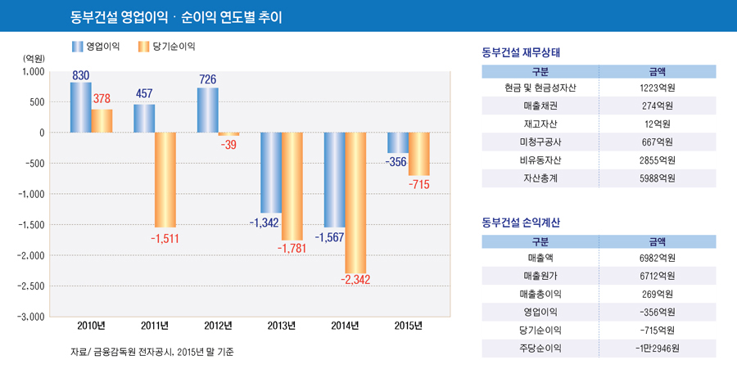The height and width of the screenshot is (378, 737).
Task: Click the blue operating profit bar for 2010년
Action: point(80,107)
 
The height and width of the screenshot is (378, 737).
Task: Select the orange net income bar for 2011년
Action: point(165,179)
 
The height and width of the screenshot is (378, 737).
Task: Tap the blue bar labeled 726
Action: point(207,110)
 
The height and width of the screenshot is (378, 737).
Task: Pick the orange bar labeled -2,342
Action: point(355,202)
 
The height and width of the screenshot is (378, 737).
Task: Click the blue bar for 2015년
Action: point(398,142)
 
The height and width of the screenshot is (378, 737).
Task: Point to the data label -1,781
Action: point(292,248)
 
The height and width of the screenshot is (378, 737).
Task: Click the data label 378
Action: point(102,99)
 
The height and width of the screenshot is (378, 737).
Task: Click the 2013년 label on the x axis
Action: point(282,326)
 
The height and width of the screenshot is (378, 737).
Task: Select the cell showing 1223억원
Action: point(657,88)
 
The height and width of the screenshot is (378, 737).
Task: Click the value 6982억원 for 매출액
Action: point(657,259)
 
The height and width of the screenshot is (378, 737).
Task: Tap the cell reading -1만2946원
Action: point(657,349)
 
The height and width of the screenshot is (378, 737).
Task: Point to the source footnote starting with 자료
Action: point(153,353)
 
